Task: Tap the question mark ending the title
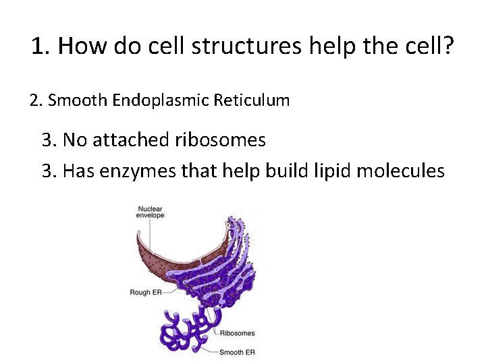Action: pos(448,46)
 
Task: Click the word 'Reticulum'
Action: pos(251,101)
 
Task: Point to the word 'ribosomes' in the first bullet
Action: pos(220,140)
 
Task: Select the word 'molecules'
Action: pos(400,171)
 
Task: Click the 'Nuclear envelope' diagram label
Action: pos(150,212)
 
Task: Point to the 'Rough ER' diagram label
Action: pos(144,292)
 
